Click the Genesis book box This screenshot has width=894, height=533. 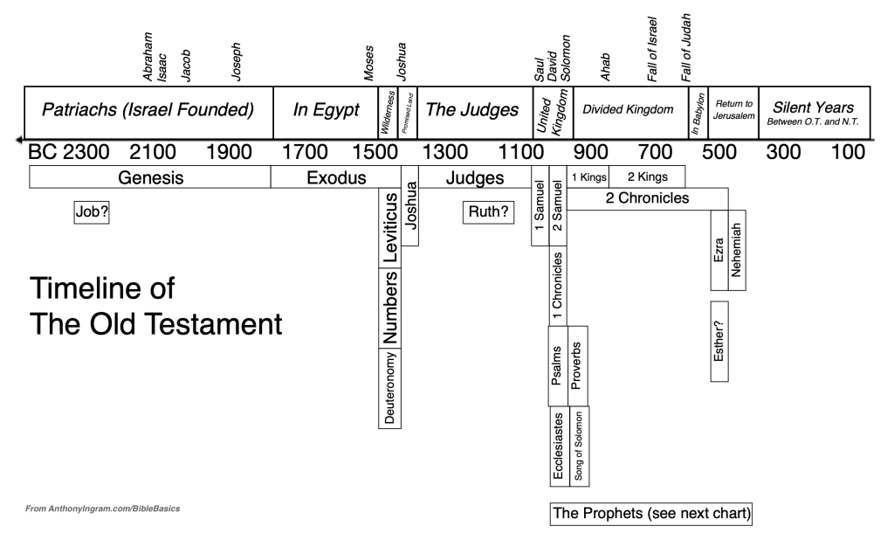[x=150, y=178]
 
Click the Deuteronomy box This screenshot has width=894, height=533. [x=389, y=387]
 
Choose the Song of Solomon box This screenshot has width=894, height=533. [x=579, y=445]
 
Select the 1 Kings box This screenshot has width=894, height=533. [x=588, y=177]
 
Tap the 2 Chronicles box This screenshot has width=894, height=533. [x=647, y=198]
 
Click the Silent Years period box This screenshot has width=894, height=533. [x=813, y=111]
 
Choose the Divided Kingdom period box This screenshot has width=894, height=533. [x=629, y=110]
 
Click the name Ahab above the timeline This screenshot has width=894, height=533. [x=605, y=68]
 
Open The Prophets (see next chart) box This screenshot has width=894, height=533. [x=651, y=513]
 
